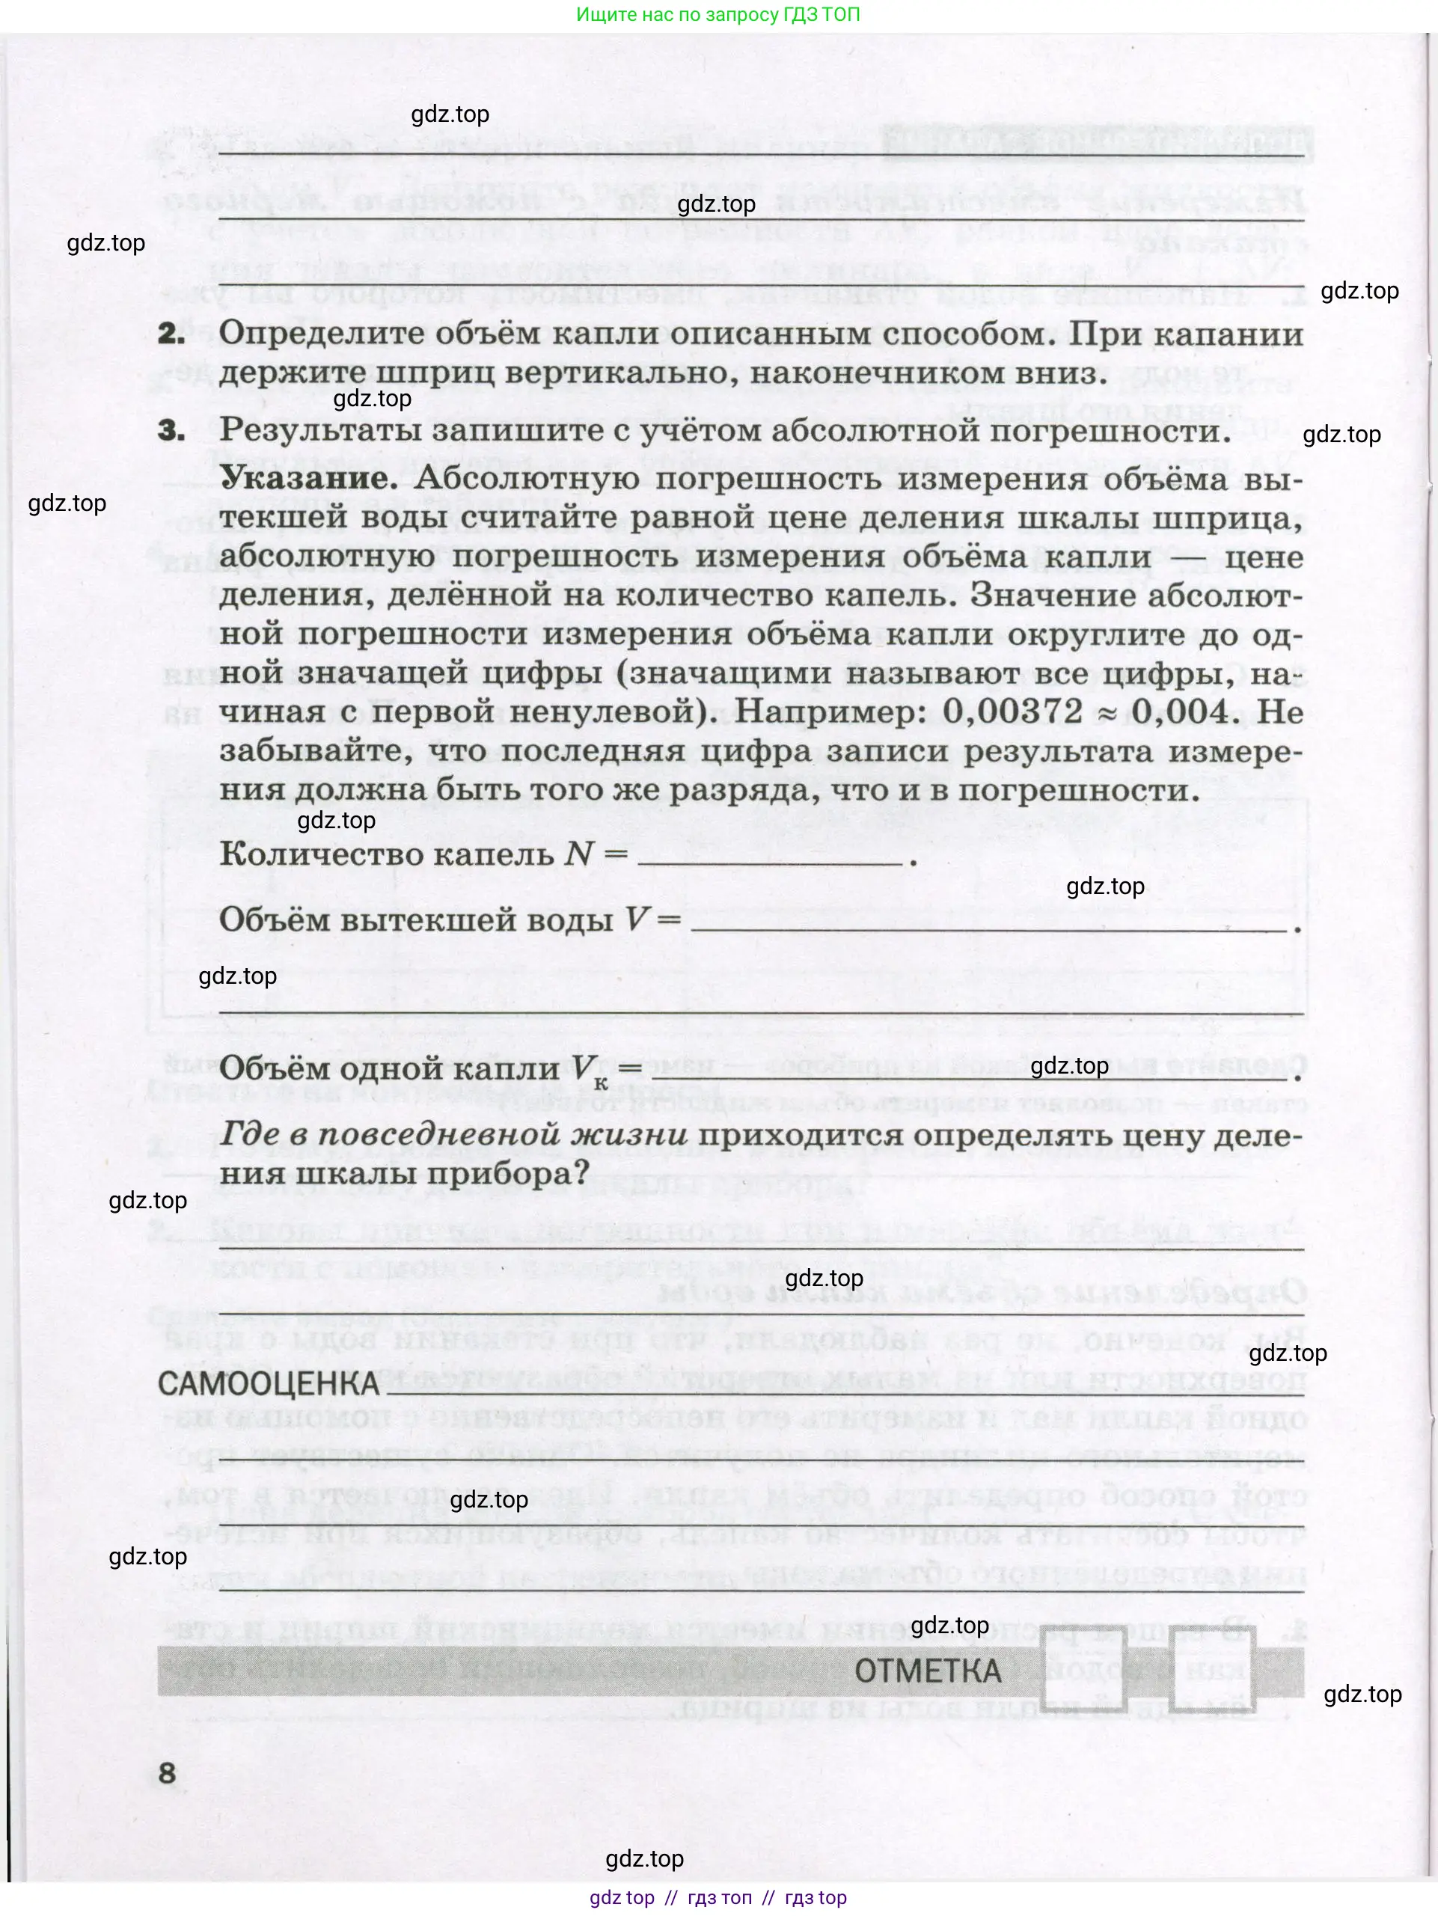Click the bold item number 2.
pyautogui.click(x=171, y=334)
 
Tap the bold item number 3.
pyautogui.click(x=171, y=430)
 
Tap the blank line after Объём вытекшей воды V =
pyautogui.click(x=988, y=928)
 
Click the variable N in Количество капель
pyautogui.click(x=578, y=854)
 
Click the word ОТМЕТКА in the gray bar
pyautogui.click(x=928, y=1671)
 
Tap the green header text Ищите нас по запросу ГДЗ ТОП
pyautogui.click(x=718, y=15)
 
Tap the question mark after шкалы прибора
pyautogui.click(x=581, y=1174)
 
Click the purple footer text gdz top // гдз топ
pyautogui.click(x=718, y=1898)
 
